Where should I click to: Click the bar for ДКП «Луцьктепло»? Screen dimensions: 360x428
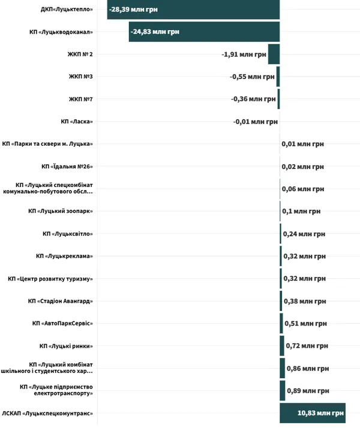(x=193, y=10)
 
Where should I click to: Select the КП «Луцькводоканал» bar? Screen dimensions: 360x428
(x=205, y=32)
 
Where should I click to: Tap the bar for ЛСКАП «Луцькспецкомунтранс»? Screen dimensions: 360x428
(x=313, y=413)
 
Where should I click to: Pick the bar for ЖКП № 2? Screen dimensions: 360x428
(x=274, y=54)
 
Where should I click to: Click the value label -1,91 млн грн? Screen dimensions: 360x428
(x=244, y=55)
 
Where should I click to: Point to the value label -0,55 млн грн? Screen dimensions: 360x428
(x=252, y=77)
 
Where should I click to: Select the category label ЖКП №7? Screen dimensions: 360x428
(x=81, y=99)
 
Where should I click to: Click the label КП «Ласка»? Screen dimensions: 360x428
(x=77, y=122)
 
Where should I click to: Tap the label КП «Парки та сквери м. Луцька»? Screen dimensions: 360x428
(x=47, y=144)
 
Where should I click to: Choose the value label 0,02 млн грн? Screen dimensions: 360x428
(x=302, y=167)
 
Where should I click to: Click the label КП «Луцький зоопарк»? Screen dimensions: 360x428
(x=61, y=211)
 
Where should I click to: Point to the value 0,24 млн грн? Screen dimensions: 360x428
(x=304, y=234)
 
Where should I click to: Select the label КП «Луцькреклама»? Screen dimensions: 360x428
(x=64, y=256)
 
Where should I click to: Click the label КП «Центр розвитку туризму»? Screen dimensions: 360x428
(x=50, y=279)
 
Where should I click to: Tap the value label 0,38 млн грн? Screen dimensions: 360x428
(x=305, y=302)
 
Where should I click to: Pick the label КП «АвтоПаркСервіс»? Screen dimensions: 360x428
(x=62, y=324)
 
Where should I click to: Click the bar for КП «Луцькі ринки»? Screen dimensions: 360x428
(x=282, y=346)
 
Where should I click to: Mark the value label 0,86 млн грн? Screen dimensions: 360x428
(x=308, y=369)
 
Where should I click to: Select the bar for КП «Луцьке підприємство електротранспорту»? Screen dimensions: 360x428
(x=283, y=391)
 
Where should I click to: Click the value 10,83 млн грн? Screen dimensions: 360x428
(x=320, y=413)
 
